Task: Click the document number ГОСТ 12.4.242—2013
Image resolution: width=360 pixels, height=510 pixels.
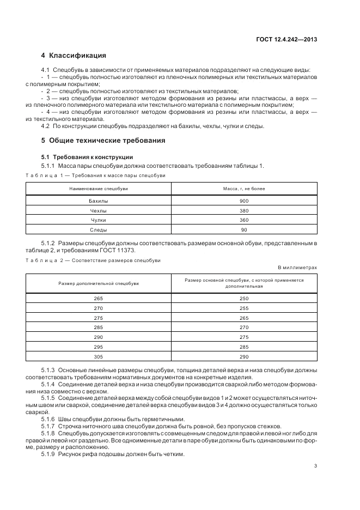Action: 287,39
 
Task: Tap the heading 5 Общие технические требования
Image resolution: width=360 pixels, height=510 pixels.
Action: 103,140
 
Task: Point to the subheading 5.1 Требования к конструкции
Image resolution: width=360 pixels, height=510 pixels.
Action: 87,157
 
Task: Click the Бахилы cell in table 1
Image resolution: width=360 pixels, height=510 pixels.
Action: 99,201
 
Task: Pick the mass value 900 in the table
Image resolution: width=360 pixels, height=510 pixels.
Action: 243,201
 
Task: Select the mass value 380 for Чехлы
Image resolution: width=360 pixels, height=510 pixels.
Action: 243,210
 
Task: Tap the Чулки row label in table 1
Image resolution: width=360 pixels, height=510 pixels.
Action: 99,220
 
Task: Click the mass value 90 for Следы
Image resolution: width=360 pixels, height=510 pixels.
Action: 243,229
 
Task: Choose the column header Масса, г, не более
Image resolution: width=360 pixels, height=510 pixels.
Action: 243,188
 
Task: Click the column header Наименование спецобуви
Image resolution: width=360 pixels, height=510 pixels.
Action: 99,188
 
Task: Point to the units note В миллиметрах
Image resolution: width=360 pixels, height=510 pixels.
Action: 297,268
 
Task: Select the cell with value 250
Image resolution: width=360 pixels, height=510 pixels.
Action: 243,299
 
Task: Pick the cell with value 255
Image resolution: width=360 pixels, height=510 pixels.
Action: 243,308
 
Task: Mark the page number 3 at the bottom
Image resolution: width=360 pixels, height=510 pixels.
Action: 315,466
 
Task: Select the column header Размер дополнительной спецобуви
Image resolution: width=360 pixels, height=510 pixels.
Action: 99,283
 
